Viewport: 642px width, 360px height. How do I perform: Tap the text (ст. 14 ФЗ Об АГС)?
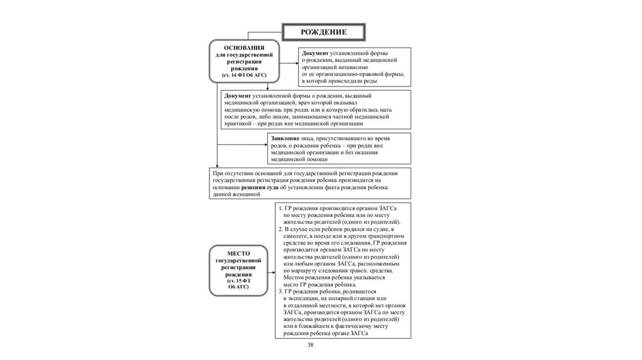tap(244, 75)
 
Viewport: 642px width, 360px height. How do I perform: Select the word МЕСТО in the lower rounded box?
tap(239, 252)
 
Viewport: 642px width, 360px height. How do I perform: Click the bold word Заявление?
tap(284, 137)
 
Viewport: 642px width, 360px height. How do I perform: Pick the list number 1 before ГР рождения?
tap(280, 208)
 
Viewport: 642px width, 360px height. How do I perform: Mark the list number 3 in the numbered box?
tap(280, 292)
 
